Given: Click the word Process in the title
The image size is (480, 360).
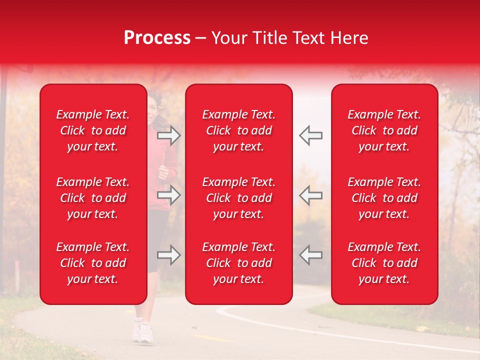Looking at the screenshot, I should click(157, 38).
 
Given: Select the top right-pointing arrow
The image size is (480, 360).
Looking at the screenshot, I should click(169, 135).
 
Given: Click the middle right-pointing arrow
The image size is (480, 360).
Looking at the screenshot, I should click(169, 195).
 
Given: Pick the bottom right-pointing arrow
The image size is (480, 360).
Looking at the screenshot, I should click(169, 255).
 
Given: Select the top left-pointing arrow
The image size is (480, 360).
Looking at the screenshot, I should click(310, 135).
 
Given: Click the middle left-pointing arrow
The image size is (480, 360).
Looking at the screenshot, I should click(310, 195).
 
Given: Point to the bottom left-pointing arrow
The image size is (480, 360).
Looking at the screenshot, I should click(310, 255).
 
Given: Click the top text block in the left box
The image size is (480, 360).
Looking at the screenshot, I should click(93, 130).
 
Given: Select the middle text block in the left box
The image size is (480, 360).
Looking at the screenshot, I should click(93, 198).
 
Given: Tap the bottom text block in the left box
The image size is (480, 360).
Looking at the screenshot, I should click(93, 263).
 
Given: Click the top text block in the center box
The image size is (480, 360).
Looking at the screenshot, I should click(238, 130).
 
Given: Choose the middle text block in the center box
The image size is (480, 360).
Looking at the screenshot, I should click(238, 198).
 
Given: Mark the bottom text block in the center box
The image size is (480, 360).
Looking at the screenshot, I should click(238, 263).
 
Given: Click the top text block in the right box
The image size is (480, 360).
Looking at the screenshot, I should click(384, 130).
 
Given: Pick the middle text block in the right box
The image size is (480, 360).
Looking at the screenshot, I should click(384, 198).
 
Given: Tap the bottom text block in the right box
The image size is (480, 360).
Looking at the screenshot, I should click(384, 263).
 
